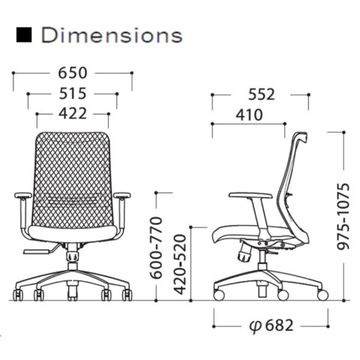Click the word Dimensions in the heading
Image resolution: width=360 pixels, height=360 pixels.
112,35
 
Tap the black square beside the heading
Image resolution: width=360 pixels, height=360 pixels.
24,34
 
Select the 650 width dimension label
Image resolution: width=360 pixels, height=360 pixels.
73,73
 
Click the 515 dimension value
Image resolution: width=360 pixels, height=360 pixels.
73,94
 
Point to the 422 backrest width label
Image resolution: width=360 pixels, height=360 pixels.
73,113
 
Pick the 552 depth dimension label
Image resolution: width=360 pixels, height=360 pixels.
261,94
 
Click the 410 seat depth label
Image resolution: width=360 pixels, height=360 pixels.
249,115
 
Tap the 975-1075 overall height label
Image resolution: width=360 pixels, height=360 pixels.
343,217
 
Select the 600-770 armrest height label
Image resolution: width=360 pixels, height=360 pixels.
156,248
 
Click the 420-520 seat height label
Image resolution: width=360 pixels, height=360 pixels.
180,264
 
